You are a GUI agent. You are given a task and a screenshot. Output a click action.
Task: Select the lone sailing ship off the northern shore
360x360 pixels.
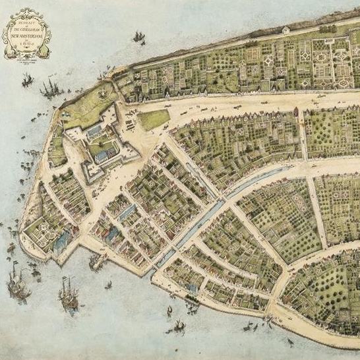click(138, 37)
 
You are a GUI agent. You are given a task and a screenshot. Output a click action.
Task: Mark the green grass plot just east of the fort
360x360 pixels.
click(154, 119)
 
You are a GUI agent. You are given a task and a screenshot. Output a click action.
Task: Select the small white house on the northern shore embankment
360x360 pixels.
click(285, 30)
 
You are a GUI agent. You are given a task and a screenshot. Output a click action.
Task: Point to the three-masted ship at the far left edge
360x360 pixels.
click(17, 285)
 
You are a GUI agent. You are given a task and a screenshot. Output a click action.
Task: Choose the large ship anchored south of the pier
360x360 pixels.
click(67, 293)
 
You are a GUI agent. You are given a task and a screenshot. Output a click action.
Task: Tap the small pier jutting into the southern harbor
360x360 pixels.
click(98, 262)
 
